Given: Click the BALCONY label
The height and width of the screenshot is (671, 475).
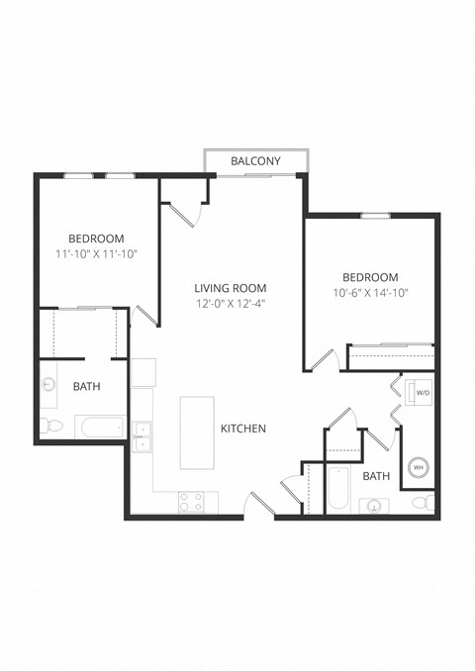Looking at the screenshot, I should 255,161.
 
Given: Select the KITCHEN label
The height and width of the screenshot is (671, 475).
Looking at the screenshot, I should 243,429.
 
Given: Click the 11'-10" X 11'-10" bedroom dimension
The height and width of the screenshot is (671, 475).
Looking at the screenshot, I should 96,254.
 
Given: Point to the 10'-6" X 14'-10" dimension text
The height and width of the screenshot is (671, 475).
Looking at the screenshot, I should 369,293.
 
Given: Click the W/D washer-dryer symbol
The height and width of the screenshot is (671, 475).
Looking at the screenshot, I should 422,393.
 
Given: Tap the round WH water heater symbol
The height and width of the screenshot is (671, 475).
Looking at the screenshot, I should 418,467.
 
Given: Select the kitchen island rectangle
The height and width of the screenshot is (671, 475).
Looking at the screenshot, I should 197,432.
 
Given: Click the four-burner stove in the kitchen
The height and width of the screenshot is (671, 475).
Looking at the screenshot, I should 191,502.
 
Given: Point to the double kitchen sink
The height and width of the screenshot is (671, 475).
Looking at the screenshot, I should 142,435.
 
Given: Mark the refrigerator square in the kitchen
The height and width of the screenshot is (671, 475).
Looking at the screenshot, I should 144,372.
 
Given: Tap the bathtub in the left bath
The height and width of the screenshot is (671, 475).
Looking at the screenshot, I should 100,427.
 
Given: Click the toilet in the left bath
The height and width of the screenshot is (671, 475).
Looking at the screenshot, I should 51,426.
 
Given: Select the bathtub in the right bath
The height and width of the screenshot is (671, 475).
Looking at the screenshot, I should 338,488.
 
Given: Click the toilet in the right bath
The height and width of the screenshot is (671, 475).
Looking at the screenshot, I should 423,504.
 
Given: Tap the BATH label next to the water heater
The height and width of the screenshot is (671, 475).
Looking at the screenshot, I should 376,476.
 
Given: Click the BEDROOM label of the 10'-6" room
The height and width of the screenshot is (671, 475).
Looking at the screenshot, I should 369,277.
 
